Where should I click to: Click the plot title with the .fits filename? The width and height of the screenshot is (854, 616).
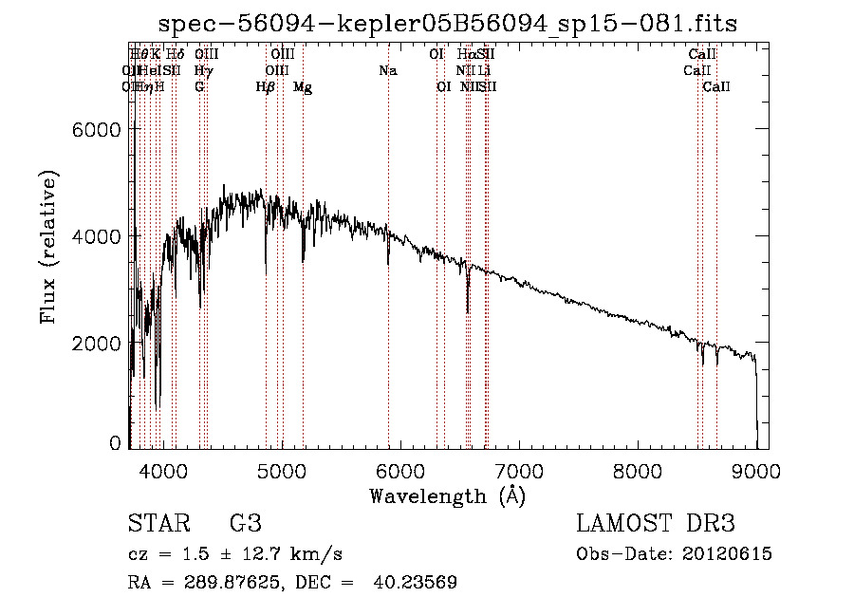[x=447, y=23]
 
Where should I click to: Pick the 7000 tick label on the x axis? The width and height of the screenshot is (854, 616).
[x=519, y=470]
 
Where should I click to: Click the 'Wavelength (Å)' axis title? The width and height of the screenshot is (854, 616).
[x=447, y=495]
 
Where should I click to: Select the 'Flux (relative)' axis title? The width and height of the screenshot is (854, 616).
[x=48, y=247]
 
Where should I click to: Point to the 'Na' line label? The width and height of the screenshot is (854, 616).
[x=387, y=71]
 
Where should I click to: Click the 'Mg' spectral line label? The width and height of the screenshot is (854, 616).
[x=303, y=87]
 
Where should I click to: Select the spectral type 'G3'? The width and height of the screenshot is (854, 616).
[x=245, y=523]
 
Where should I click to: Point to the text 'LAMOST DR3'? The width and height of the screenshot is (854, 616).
[x=656, y=523]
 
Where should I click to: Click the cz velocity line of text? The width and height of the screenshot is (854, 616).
[x=235, y=554]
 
